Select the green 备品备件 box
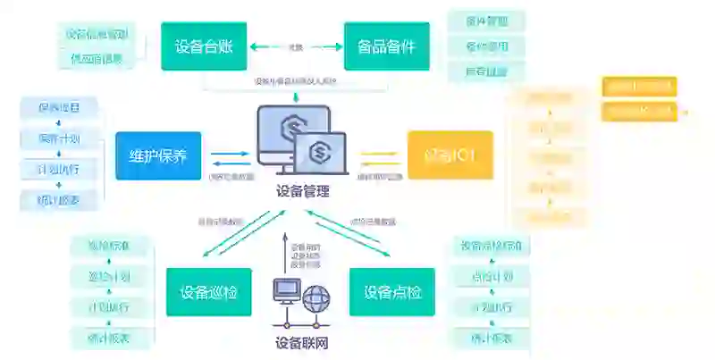[385, 46]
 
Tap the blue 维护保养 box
[158, 155]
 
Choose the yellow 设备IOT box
[450, 155]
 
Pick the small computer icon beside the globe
[288, 292]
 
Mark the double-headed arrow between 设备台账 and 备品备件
[296, 46]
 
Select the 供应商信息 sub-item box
[97, 59]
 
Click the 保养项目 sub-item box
[59, 108]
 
